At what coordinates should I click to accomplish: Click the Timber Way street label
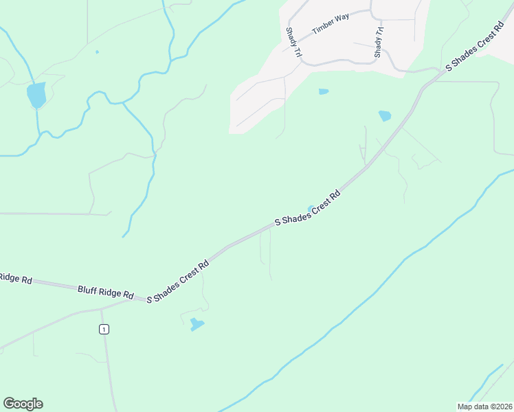coord(331,23)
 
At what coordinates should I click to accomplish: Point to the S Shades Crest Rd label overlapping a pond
coord(308,207)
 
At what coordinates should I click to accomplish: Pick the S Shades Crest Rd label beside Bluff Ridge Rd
coord(177,281)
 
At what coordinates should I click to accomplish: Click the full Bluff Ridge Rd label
coord(105,292)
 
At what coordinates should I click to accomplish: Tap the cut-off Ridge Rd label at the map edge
coord(15,278)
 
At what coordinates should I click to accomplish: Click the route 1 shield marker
coord(104,330)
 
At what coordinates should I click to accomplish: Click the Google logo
coord(23,404)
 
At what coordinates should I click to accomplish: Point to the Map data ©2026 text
coord(484,407)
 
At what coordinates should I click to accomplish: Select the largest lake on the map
coord(36,95)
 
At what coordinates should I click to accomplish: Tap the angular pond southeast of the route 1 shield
coord(197,324)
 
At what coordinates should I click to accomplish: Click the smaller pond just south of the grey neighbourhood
coord(323,91)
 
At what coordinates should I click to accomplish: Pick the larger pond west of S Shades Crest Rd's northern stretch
coord(385,116)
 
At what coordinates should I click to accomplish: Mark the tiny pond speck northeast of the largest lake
coord(97,51)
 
